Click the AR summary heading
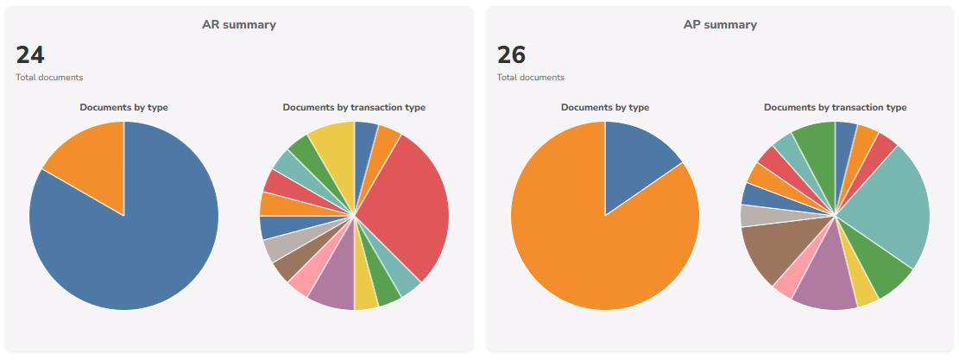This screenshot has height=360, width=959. click(x=239, y=25)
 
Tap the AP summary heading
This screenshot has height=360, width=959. click(x=720, y=25)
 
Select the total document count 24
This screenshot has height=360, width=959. click(x=30, y=55)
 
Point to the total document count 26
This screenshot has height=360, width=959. click(x=511, y=55)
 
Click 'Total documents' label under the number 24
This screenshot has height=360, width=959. click(x=49, y=78)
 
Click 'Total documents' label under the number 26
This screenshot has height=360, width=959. click(x=530, y=78)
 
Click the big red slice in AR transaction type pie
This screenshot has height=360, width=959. click(x=406, y=207)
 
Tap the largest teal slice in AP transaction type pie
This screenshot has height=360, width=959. click(x=889, y=207)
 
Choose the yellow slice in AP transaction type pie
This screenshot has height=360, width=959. click(x=865, y=288)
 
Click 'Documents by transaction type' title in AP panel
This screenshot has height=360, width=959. click(x=835, y=108)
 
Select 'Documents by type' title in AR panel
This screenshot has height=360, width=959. click(x=123, y=108)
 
